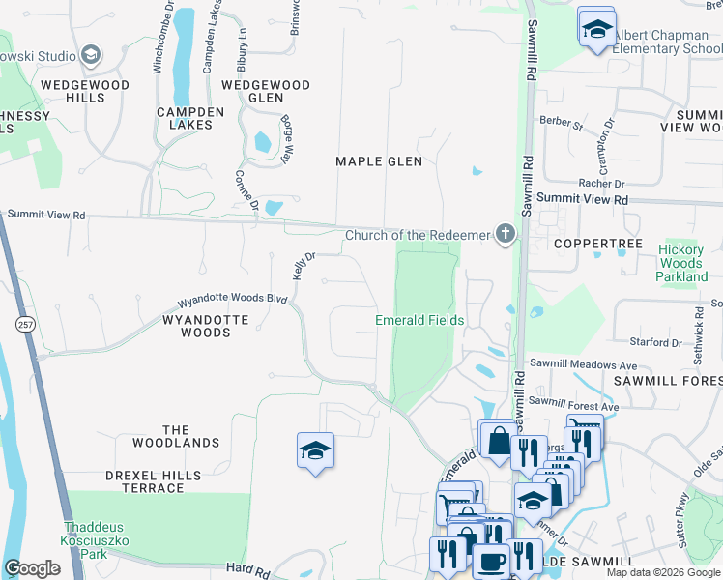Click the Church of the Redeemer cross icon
[505, 234]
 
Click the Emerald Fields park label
[419, 320]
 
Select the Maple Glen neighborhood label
[379, 161]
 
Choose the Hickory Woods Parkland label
[681, 263]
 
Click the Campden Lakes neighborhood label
[190, 118]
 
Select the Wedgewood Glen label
[266, 91]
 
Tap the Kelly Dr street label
[304, 262]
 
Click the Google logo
[32, 568]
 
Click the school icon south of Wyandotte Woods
[315, 451]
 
